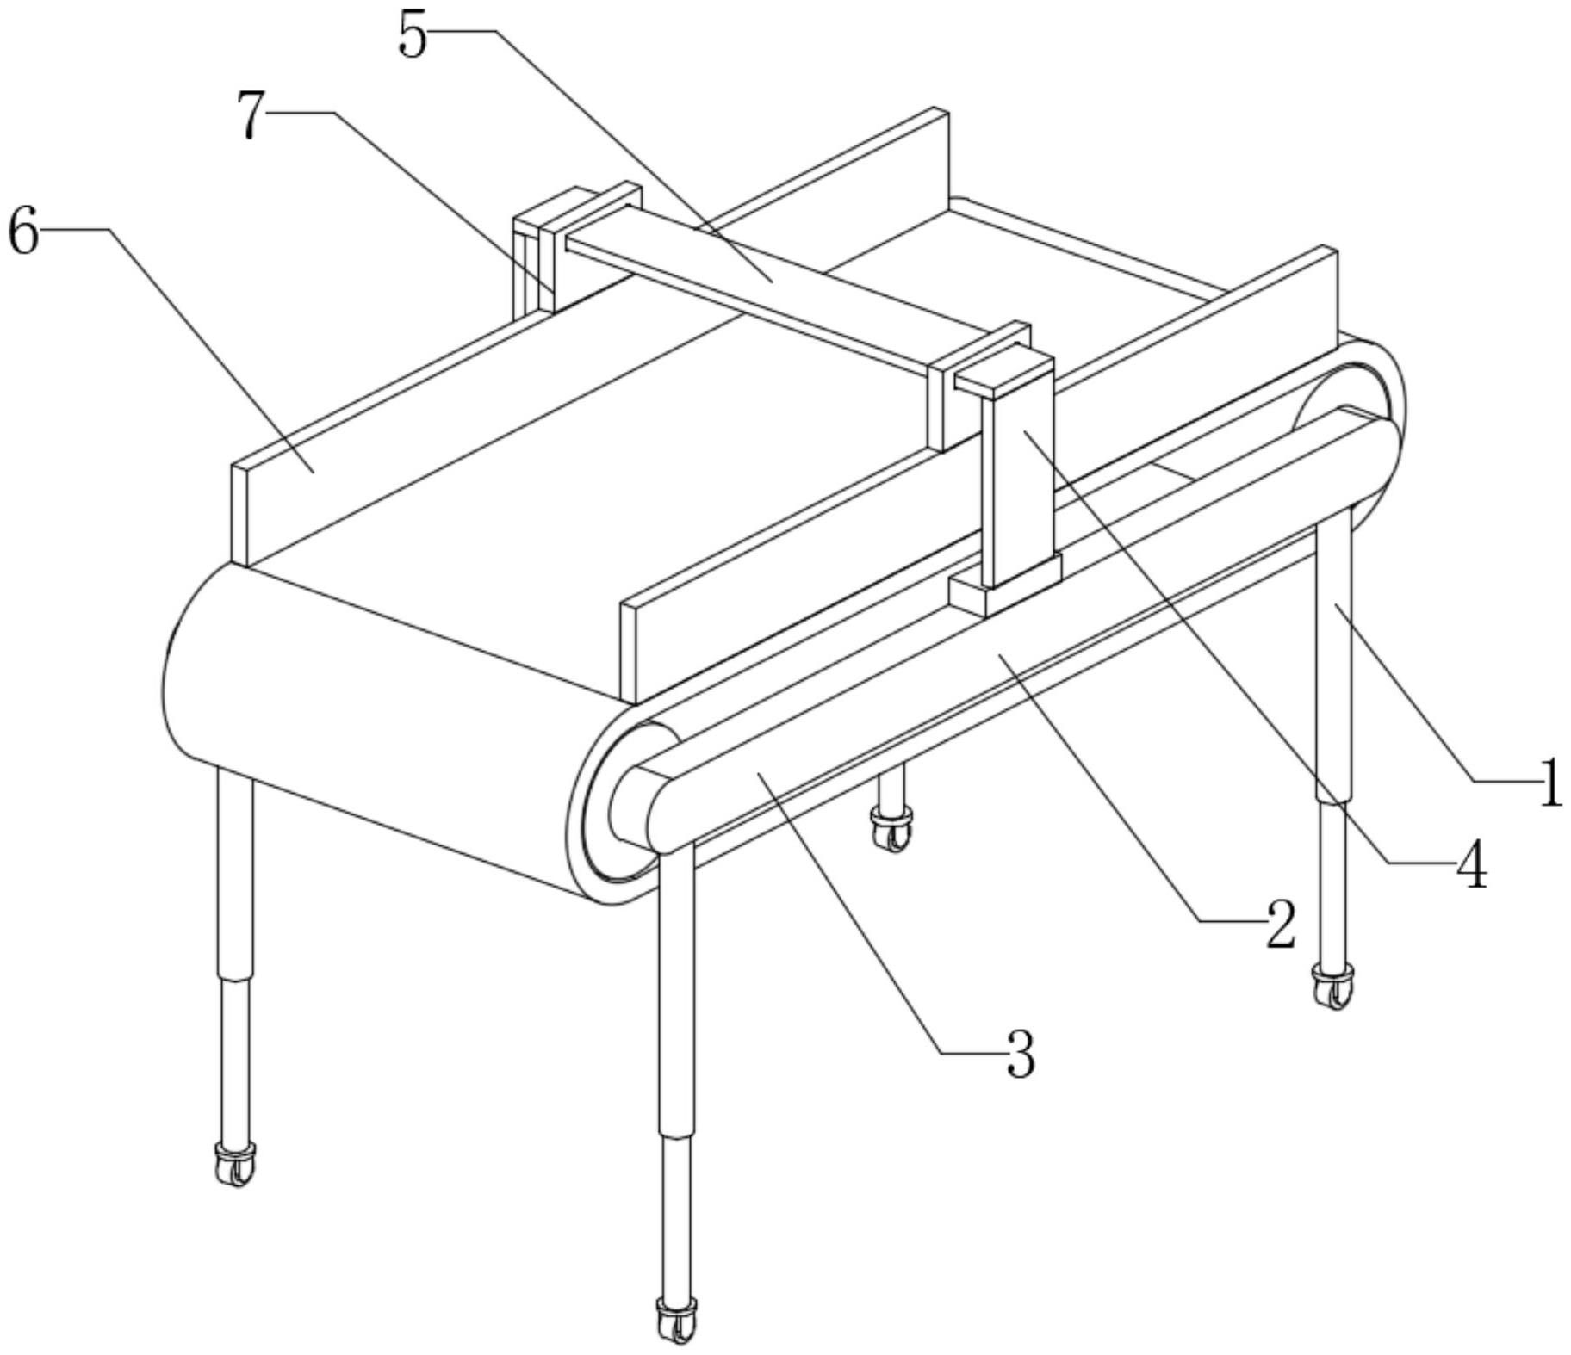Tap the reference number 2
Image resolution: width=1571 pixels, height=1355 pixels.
[x=1280, y=925]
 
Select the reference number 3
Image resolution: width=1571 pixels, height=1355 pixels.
[x=1020, y=1055]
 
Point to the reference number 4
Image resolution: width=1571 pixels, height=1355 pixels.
[x=1471, y=865]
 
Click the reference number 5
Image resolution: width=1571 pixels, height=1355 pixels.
[x=413, y=37]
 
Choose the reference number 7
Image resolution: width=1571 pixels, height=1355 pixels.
[x=250, y=116]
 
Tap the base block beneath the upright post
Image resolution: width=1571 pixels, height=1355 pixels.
[x=1003, y=591]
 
